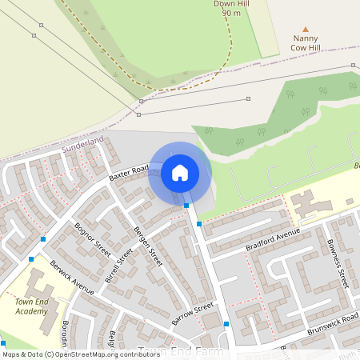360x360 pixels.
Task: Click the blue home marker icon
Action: click(179, 172)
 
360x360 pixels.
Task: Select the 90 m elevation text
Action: click(231, 14)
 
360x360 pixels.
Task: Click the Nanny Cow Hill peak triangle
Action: click(305, 28)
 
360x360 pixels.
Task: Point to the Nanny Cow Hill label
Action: click(306, 43)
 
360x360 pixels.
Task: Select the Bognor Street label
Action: click(91, 238)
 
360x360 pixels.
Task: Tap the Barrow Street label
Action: click(193, 314)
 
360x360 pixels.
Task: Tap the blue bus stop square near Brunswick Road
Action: click(226, 324)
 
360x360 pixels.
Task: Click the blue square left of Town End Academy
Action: click(31, 259)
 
